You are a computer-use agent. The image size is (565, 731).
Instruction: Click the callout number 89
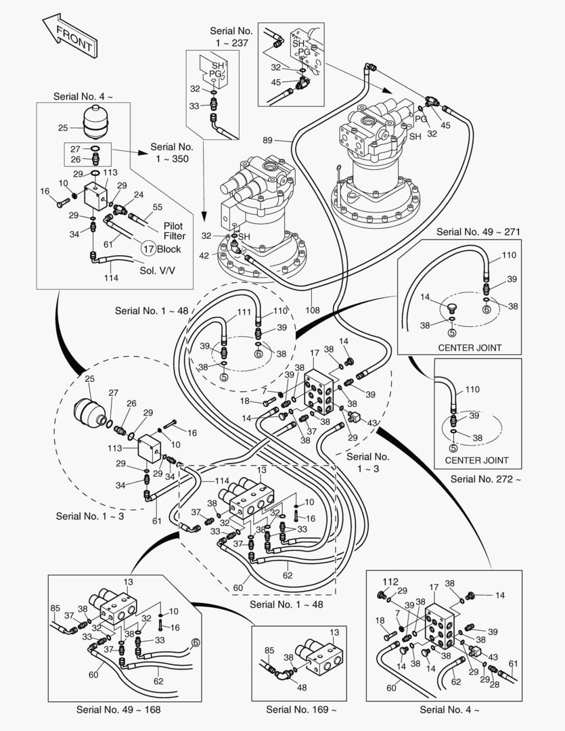(268, 140)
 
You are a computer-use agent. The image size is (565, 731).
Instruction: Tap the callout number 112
(391, 581)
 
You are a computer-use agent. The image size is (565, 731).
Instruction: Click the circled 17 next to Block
(148, 248)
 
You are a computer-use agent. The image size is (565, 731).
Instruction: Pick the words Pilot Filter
(174, 231)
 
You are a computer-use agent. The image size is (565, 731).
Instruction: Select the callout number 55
(158, 207)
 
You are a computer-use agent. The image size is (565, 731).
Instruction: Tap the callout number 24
(138, 195)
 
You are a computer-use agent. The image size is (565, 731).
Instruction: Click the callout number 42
(204, 256)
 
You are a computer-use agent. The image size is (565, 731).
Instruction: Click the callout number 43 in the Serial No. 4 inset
(493, 657)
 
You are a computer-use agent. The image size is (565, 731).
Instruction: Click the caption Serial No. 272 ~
(486, 479)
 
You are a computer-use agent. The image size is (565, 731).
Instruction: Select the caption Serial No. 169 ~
(300, 709)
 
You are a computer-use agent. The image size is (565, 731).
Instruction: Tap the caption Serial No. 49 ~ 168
(118, 709)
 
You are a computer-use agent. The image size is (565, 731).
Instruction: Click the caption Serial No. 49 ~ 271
(478, 231)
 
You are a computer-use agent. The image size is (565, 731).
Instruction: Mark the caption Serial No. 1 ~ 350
(172, 152)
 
